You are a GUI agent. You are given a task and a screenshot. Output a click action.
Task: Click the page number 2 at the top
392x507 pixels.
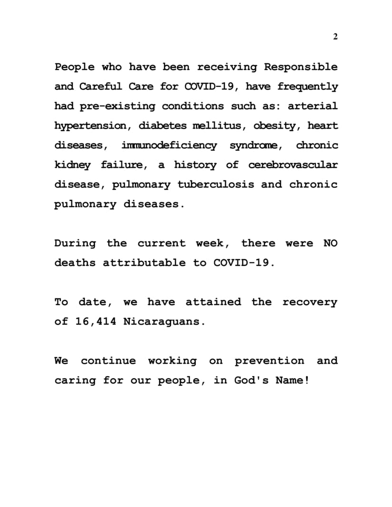pyautogui.click(x=335, y=37)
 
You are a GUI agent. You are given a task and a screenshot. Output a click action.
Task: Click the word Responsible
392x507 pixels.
pyautogui.click(x=301, y=67)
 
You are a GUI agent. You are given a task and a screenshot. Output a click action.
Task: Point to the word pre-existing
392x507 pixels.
pyautogui.click(x=117, y=106)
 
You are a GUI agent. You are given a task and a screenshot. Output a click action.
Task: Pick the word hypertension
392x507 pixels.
pyautogui.click(x=90, y=126)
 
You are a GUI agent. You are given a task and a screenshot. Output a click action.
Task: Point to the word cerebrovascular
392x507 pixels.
pyautogui.click(x=293, y=165)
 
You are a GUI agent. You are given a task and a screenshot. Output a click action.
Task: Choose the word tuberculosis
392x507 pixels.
pyautogui.click(x=216, y=185)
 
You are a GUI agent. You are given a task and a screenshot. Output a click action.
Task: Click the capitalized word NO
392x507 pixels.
pyautogui.click(x=330, y=244)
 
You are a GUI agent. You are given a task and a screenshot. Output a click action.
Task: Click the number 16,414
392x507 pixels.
pyautogui.click(x=95, y=321)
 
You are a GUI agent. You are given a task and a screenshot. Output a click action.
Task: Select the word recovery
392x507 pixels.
pyautogui.click(x=310, y=302)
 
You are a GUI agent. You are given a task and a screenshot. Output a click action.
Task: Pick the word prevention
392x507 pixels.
pyautogui.click(x=269, y=361)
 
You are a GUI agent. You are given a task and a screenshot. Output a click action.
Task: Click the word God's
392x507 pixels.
pyautogui.click(x=251, y=380)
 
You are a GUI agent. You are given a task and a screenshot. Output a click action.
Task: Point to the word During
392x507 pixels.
pyautogui.click(x=75, y=244)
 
